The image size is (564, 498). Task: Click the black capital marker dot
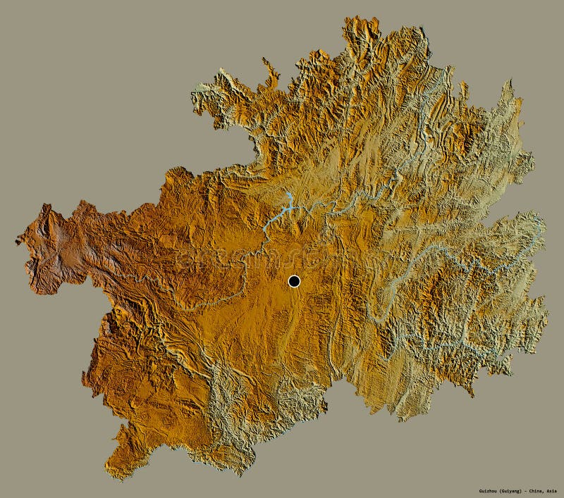pyautogui.click(x=294, y=281)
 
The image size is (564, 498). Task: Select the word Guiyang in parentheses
pyautogui.click(x=506, y=491)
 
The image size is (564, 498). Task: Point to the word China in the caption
pyautogui.click(x=534, y=491)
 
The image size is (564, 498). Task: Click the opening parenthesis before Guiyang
pyautogui.click(x=494, y=491)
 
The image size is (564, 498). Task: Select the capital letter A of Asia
pyautogui.click(x=548, y=491)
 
